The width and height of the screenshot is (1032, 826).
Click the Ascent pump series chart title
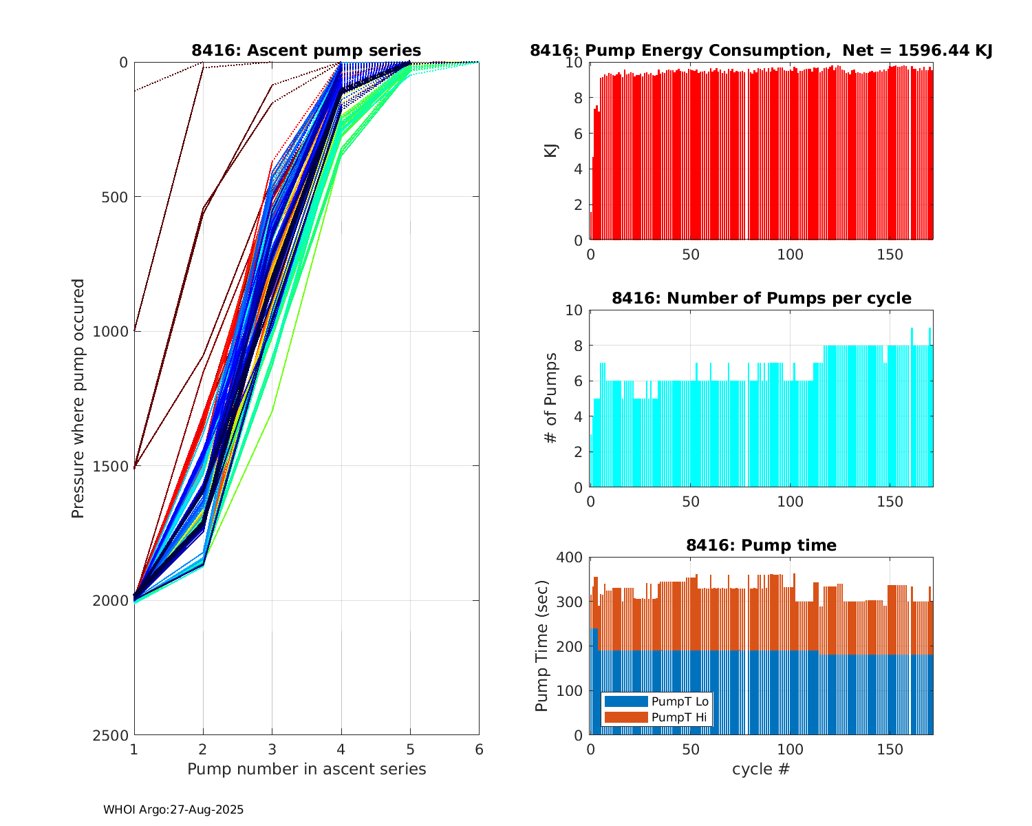[x=306, y=50]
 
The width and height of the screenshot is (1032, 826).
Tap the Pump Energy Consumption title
[x=761, y=50]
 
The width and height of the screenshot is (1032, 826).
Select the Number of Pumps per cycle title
[x=761, y=298]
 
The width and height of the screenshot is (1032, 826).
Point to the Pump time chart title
[x=761, y=545]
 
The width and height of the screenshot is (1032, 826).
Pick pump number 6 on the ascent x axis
[x=479, y=749]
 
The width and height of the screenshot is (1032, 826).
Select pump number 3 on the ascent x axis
[x=272, y=749]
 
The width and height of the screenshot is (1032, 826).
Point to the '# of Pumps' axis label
[x=551, y=398]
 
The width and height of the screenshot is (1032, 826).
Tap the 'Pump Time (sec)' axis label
[x=542, y=646]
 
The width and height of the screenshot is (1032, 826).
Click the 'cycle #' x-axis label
[x=761, y=769]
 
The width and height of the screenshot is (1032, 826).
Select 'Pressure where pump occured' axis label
[x=78, y=398]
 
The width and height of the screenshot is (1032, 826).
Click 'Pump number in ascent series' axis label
[x=306, y=769]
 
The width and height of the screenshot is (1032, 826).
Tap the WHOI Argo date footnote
[x=173, y=810]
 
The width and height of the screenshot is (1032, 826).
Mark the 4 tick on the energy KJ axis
[x=579, y=169]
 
